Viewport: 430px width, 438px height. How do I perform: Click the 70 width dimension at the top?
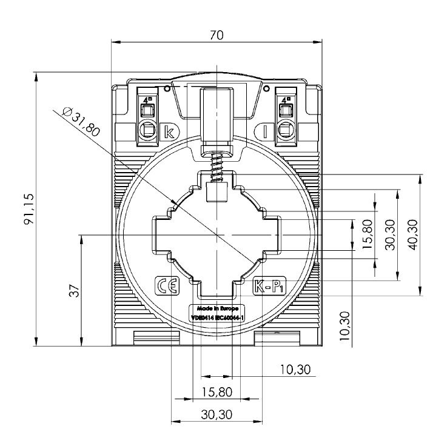(216, 35)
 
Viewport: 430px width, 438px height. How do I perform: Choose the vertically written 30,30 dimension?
(390, 234)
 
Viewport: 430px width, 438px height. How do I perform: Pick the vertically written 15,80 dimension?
(367, 234)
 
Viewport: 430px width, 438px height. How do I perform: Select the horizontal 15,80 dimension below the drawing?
(216, 392)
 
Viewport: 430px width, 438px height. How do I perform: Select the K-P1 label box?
(267, 286)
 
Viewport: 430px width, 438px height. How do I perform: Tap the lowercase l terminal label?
(264, 131)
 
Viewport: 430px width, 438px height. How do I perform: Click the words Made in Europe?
(217, 308)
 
